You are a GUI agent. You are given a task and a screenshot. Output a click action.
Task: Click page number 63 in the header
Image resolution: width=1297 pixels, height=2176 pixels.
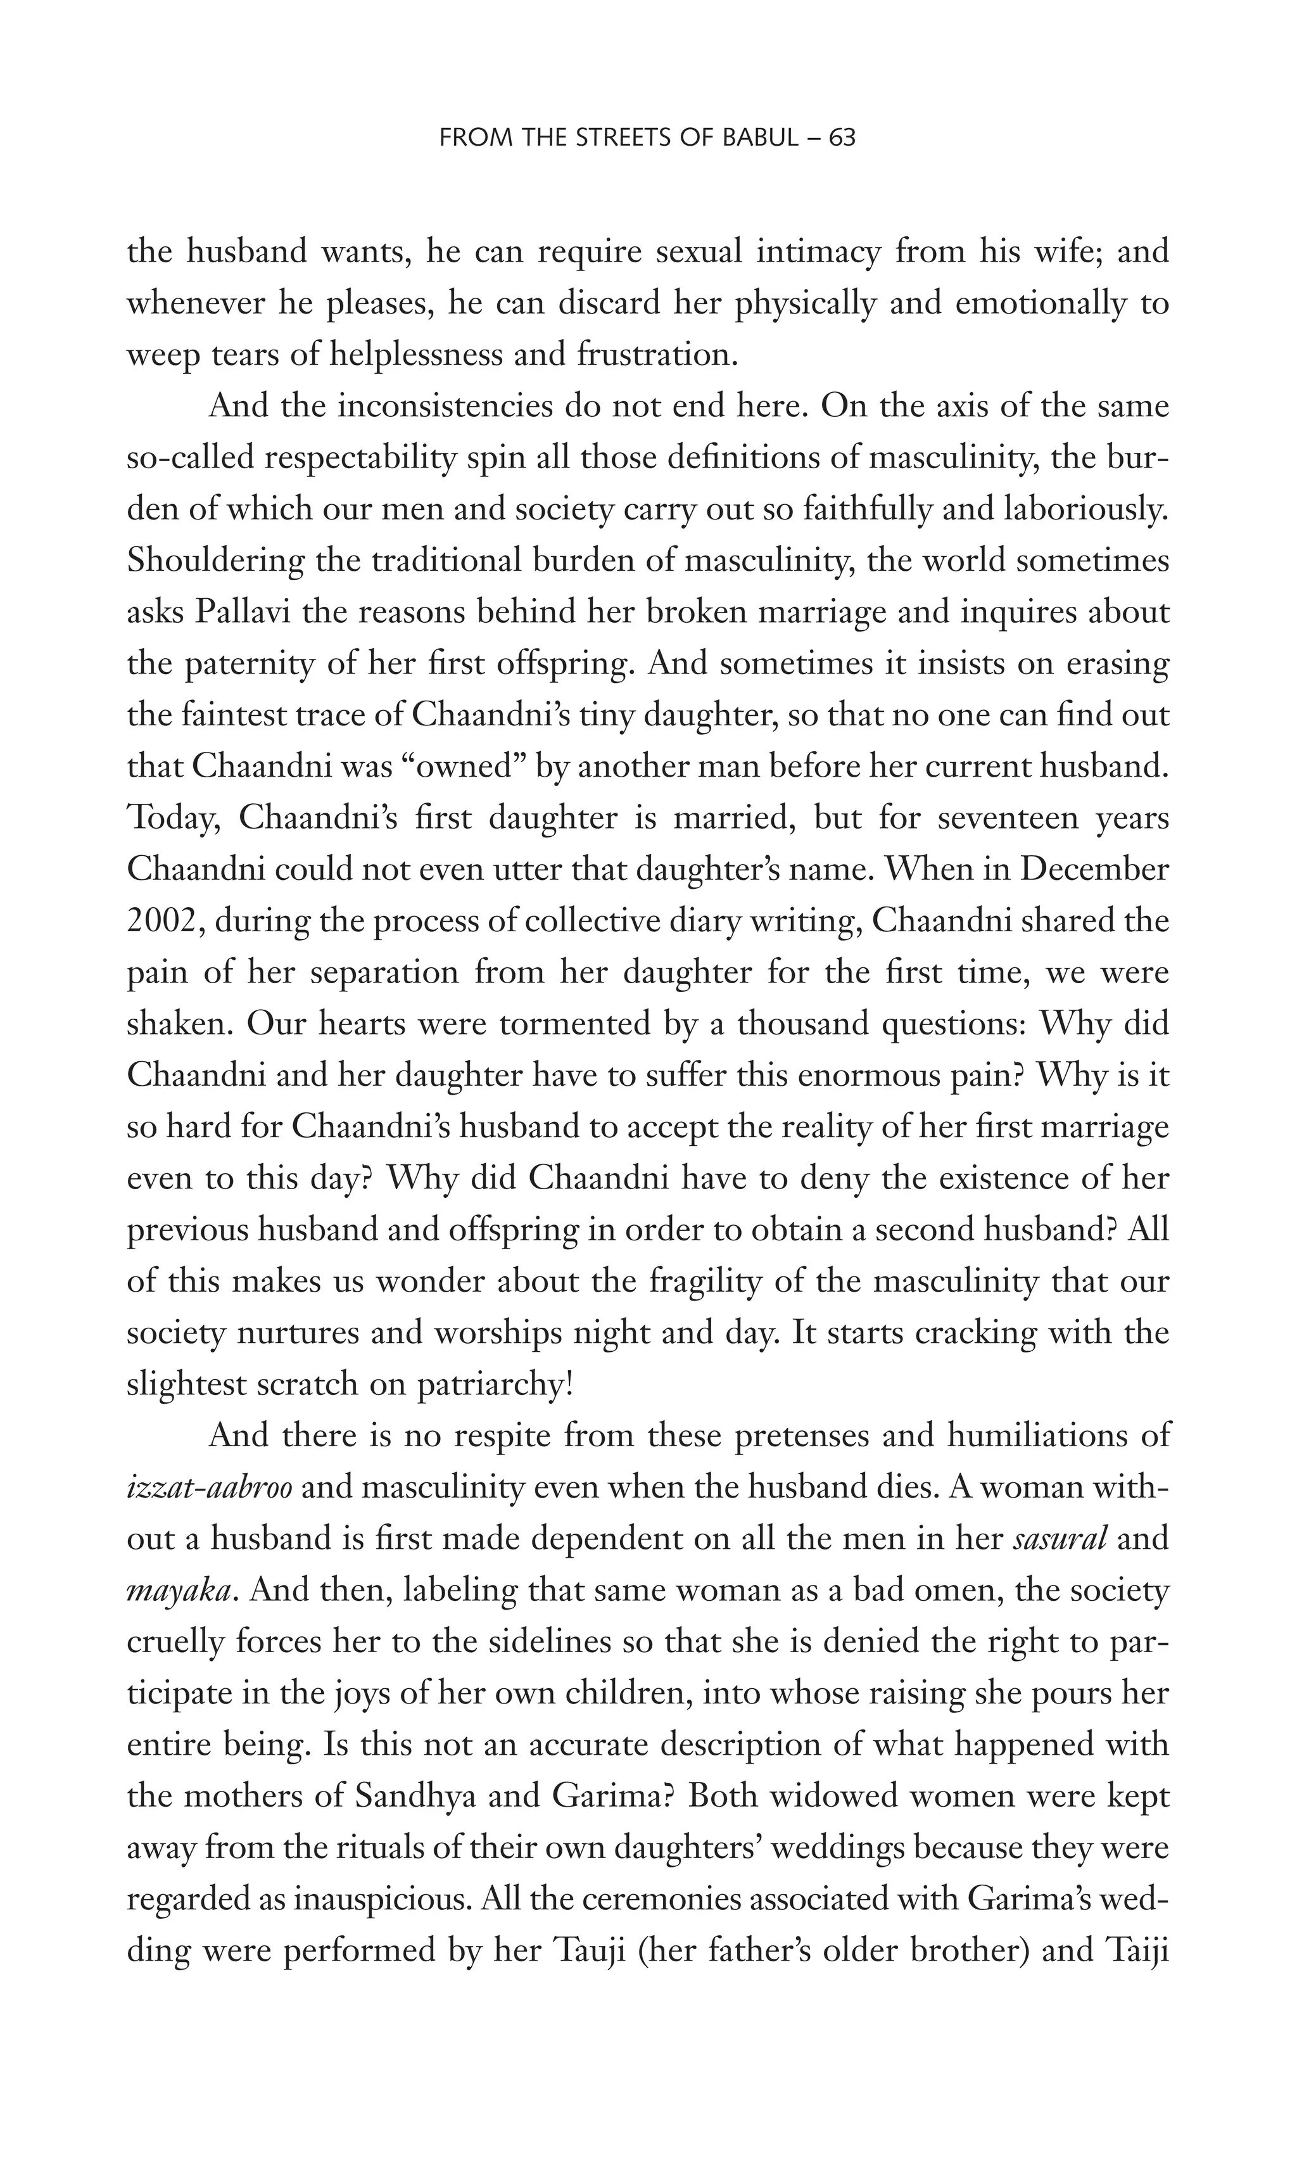[842, 137]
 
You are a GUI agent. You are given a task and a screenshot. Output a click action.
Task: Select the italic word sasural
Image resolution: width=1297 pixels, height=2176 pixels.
[1060, 1539]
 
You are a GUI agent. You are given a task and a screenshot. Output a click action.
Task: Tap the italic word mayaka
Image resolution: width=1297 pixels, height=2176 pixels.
[179, 1590]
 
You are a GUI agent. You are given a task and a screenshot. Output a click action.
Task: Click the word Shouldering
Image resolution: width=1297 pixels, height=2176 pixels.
[215, 561]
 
